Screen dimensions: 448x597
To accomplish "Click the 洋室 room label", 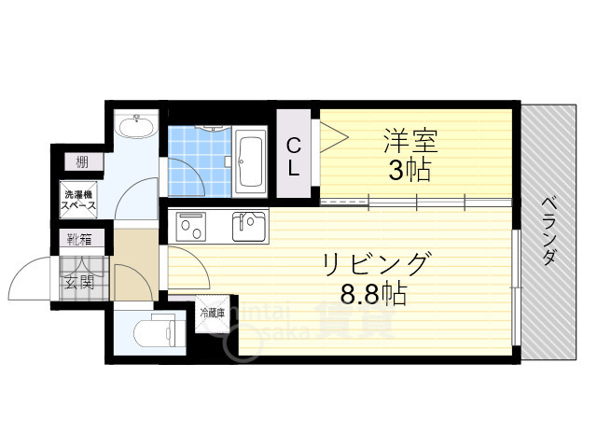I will click(x=409, y=143).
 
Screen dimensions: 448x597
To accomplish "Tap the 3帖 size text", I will click(x=408, y=172).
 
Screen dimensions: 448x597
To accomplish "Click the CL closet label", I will click(x=293, y=158).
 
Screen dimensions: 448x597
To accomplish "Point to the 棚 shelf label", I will click(x=82, y=162).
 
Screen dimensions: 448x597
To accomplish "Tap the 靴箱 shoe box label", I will click(x=78, y=239).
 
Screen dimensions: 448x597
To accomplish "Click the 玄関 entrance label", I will click(x=79, y=279).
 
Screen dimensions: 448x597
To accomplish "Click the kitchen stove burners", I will click(x=193, y=225).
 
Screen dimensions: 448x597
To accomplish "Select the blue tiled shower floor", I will click(x=198, y=159).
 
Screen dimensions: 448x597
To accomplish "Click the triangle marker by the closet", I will click(x=334, y=138).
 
